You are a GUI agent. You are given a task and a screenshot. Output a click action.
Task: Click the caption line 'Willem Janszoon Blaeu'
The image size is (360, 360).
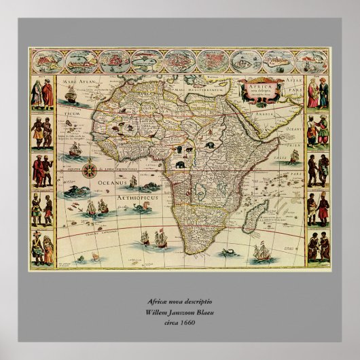click(x=179, y=312)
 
